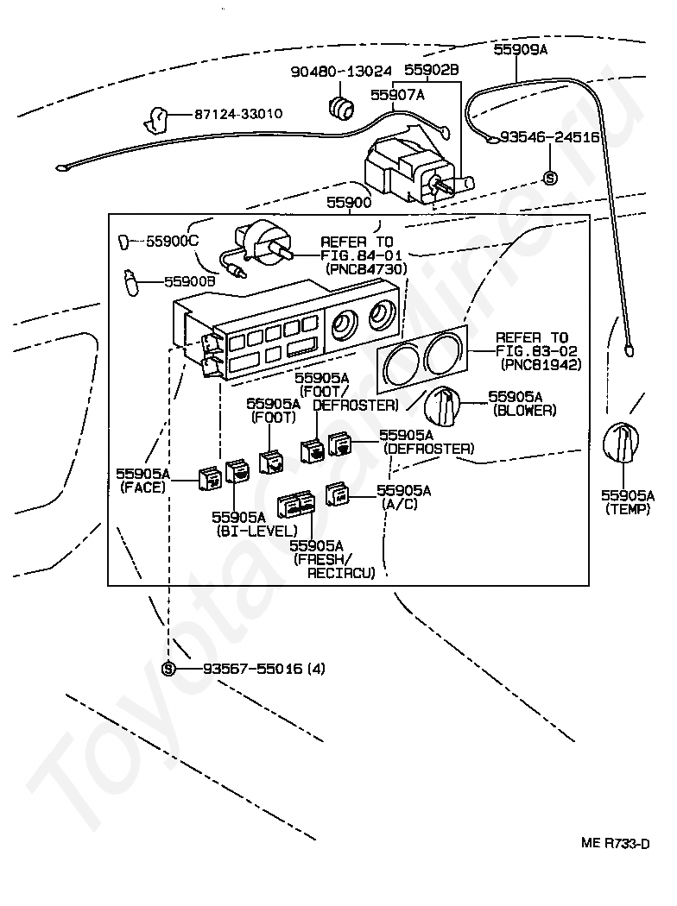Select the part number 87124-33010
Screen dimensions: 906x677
(x=237, y=114)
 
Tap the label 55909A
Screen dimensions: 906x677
(x=521, y=50)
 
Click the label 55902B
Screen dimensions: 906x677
(x=432, y=71)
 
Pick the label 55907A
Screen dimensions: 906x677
(x=397, y=95)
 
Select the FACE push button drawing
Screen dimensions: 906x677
(x=210, y=476)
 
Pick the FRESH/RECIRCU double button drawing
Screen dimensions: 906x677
(x=294, y=506)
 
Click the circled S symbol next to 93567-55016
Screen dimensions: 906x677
(x=168, y=669)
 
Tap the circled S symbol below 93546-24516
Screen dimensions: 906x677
(x=550, y=178)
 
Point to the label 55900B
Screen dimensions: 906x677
(x=190, y=281)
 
